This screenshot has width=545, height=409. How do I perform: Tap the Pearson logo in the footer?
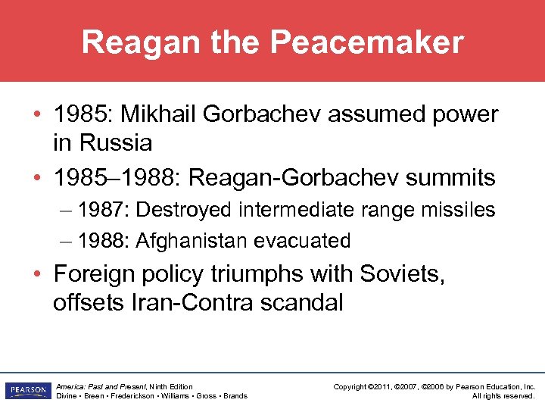(26, 391)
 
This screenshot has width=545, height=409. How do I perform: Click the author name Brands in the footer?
(234, 395)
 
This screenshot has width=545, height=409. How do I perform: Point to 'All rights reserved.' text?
(503, 395)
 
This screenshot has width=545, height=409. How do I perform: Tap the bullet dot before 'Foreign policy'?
(36, 273)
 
